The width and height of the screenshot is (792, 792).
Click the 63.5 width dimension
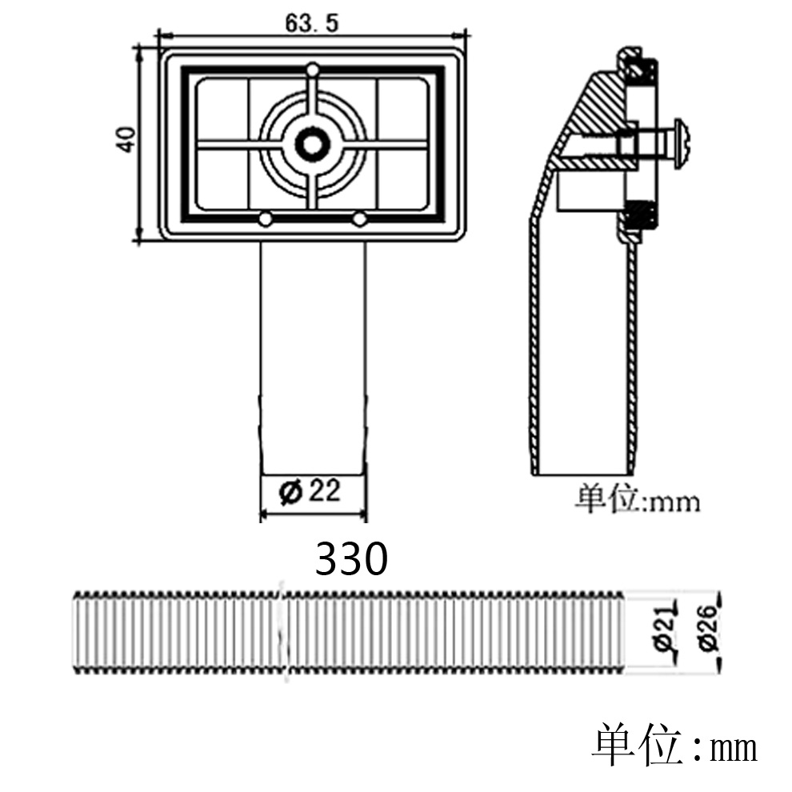(x=312, y=23)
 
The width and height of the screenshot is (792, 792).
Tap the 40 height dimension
(x=126, y=139)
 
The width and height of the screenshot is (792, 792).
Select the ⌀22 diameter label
(x=310, y=491)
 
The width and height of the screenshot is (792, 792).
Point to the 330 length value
(x=351, y=558)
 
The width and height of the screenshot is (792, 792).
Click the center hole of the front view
(x=313, y=145)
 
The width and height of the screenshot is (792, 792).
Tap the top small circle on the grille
(x=313, y=69)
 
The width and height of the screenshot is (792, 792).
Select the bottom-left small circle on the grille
(x=265, y=220)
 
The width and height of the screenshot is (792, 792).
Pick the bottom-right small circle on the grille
(x=359, y=220)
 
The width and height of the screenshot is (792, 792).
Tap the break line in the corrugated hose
(x=282, y=630)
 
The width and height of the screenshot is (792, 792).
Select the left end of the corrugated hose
(x=77, y=631)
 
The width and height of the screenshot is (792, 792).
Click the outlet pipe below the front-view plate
(x=313, y=358)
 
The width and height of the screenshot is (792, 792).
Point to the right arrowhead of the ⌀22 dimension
(x=361, y=514)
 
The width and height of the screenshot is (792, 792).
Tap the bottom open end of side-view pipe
(x=582, y=474)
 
